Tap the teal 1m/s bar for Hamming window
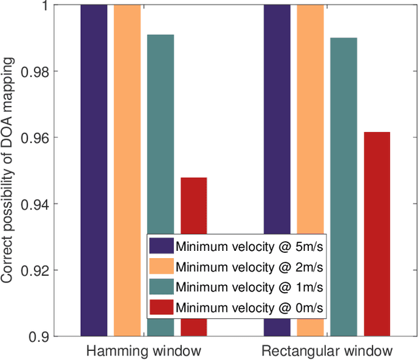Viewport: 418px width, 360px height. click(x=161, y=131)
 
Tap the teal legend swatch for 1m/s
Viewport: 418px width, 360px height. click(x=161, y=286)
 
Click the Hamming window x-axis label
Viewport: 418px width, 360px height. click(x=143, y=350)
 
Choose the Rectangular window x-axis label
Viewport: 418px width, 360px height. click(x=327, y=350)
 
